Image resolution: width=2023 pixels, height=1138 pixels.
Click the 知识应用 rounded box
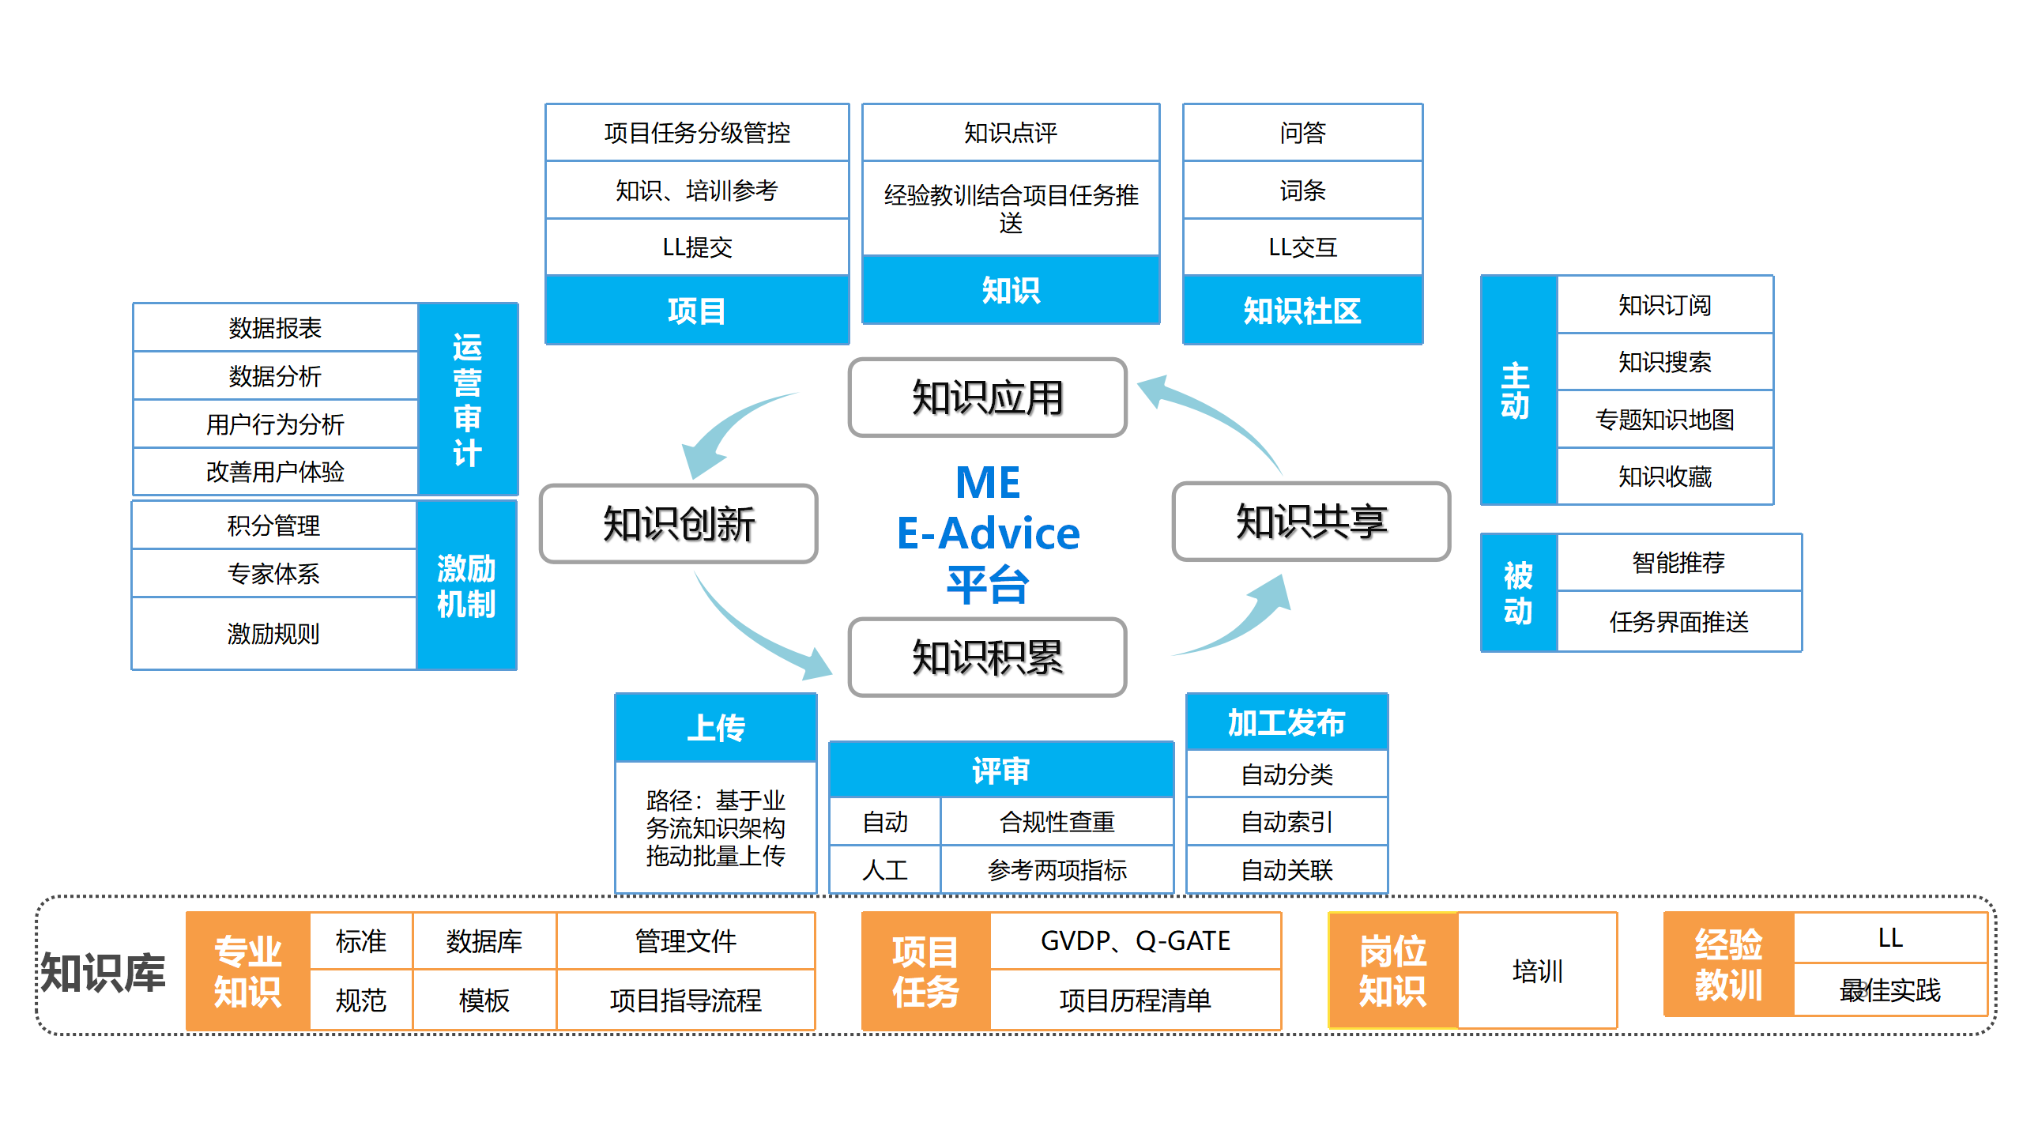(987, 398)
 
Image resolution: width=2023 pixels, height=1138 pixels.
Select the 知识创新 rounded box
(678, 524)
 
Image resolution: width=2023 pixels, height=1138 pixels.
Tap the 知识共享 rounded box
(1311, 522)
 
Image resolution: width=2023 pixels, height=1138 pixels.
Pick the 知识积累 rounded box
(987, 658)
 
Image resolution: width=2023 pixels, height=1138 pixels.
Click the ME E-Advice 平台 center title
(988, 533)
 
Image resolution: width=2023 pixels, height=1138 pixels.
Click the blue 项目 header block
(697, 310)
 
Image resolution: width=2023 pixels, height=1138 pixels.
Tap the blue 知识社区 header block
(1302, 310)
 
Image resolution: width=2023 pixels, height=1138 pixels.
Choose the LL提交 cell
(697, 247)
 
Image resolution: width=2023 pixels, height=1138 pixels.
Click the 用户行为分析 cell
(275, 424)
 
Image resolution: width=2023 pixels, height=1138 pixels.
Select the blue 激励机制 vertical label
(466, 586)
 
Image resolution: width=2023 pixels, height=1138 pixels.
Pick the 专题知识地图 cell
(1664, 419)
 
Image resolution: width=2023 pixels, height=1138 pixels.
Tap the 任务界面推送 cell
(1678, 622)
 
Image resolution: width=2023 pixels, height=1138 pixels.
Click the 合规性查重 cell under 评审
(1057, 822)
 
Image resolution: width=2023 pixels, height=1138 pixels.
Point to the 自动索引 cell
(1287, 822)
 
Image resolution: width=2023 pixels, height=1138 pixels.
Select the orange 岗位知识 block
(1392, 971)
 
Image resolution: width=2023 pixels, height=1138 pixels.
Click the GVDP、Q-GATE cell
(1135, 940)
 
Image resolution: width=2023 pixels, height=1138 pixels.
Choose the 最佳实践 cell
(1889, 990)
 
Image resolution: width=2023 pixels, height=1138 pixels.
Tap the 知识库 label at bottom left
(104, 972)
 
